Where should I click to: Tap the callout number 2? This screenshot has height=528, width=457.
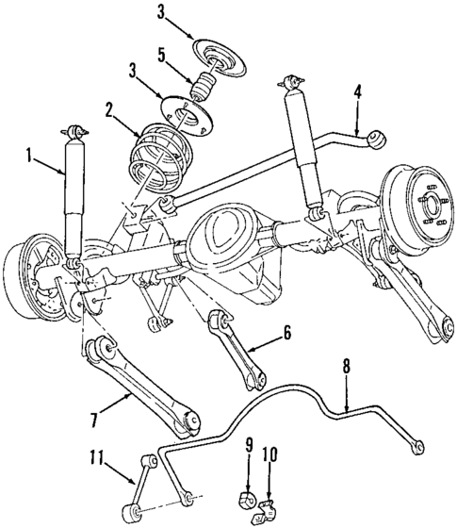(x=111, y=111)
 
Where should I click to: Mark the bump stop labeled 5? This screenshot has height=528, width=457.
(x=202, y=90)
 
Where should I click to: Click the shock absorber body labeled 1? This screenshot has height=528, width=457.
(x=72, y=198)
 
